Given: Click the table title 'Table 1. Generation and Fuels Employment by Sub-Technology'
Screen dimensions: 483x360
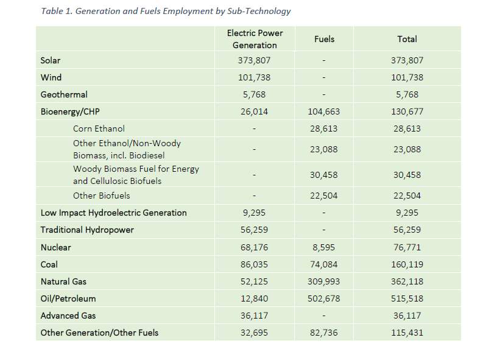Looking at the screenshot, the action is point(166,11).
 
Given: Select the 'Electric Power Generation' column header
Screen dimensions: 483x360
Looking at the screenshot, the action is point(255,39).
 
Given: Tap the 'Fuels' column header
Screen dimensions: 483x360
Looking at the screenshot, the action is point(324,39).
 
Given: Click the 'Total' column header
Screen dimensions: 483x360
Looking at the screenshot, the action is point(407,39).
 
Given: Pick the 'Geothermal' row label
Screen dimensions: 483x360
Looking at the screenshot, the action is point(64,94).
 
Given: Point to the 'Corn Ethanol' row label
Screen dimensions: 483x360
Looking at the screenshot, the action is point(99,129).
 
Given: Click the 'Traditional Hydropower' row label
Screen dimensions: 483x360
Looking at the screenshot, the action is point(87,230).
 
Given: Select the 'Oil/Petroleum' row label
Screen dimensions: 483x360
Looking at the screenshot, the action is point(68,298).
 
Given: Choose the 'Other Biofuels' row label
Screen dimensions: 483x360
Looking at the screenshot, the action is point(101,196).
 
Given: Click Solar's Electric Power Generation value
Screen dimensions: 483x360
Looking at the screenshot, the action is point(254,60).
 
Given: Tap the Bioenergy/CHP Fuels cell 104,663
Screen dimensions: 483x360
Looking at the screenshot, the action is point(324,111).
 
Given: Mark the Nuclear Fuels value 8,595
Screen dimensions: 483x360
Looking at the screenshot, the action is point(324,247).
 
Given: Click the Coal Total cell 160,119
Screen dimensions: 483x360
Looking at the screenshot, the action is point(407,264).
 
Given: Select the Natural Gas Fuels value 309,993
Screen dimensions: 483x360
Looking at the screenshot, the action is point(324,281).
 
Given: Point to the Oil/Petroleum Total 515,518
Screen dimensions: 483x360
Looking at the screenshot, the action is point(407,298).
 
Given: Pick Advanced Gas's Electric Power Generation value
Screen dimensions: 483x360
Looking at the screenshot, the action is point(254,316).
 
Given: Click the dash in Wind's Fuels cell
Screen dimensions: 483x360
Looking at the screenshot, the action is point(324,77).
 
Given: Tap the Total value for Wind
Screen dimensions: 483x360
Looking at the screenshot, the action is point(407,77).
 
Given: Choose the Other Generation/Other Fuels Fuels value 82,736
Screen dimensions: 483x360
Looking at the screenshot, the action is point(324,333).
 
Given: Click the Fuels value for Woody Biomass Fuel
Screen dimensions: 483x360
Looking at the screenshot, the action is point(324,175).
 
